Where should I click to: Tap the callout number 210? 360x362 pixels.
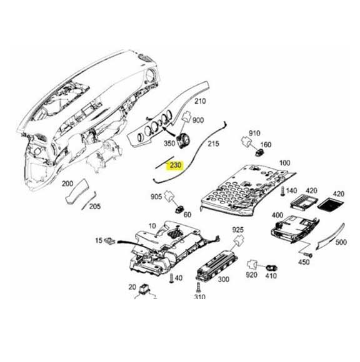click(x=200, y=101)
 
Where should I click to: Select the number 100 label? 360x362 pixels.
click(x=284, y=163)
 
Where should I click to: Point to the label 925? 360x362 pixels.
click(x=237, y=231)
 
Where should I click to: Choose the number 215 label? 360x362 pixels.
click(x=214, y=144)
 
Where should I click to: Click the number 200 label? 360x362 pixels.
click(x=67, y=183)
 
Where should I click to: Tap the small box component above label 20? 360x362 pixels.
click(x=147, y=289)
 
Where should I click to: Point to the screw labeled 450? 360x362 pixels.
click(x=307, y=253)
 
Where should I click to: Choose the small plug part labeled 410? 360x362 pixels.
click(x=272, y=267)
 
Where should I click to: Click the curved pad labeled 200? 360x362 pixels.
click(x=74, y=193)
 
